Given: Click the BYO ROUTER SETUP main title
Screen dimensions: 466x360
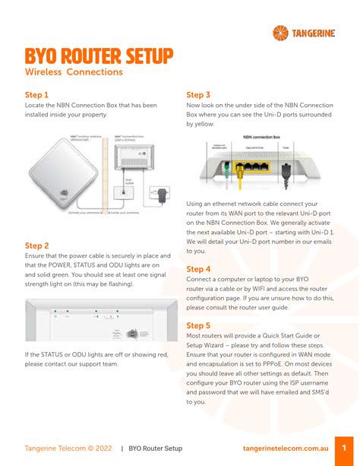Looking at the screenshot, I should click(x=99, y=55).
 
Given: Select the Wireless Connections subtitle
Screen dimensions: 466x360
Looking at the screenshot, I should click(x=74, y=72).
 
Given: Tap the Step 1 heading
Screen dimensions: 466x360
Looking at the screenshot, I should click(x=37, y=95).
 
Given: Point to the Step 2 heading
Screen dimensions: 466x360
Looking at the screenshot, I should click(x=37, y=246).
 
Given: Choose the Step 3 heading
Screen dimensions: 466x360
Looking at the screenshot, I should click(x=198, y=95).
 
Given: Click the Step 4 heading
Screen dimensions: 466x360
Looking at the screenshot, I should click(x=198, y=269).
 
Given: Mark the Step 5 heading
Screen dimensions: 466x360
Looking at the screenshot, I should click(x=198, y=325).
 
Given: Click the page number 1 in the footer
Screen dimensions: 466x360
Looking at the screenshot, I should click(x=344, y=448).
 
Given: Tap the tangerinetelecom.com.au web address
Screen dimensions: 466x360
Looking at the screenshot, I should click(x=284, y=449).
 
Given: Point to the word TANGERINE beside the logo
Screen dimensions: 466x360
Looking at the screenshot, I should click(x=317, y=32).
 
